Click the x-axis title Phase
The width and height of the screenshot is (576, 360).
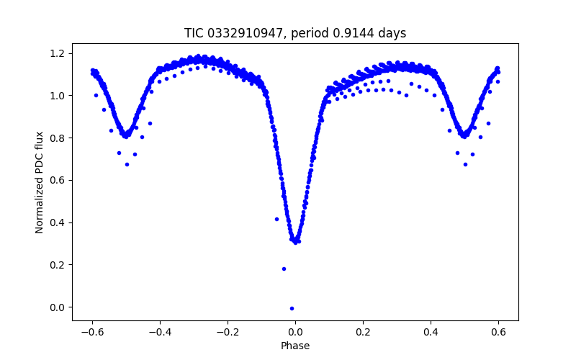[x=295, y=346]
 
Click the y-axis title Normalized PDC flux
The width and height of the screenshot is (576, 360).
[x=40, y=182]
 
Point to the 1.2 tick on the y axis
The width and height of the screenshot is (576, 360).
[x=58, y=53]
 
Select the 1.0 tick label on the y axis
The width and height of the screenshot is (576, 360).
[x=58, y=96]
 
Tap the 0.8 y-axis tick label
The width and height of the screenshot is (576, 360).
[x=58, y=138]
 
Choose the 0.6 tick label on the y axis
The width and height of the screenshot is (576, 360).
[x=58, y=180]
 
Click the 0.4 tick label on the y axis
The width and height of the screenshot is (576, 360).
[x=58, y=222]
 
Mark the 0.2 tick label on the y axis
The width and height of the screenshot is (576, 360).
[x=58, y=265]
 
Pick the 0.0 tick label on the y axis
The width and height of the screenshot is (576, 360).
[x=58, y=307]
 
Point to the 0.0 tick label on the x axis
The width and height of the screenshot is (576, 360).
[x=295, y=333]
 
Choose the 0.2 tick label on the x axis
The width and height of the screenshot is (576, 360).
[x=363, y=333]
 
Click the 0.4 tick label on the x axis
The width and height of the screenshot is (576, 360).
[x=431, y=333]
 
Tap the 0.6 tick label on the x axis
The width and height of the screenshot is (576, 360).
[x=498, y=333]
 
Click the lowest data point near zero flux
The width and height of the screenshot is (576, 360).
[x=292, y=308]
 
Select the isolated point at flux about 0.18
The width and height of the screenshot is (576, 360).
[x=284, y=269]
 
